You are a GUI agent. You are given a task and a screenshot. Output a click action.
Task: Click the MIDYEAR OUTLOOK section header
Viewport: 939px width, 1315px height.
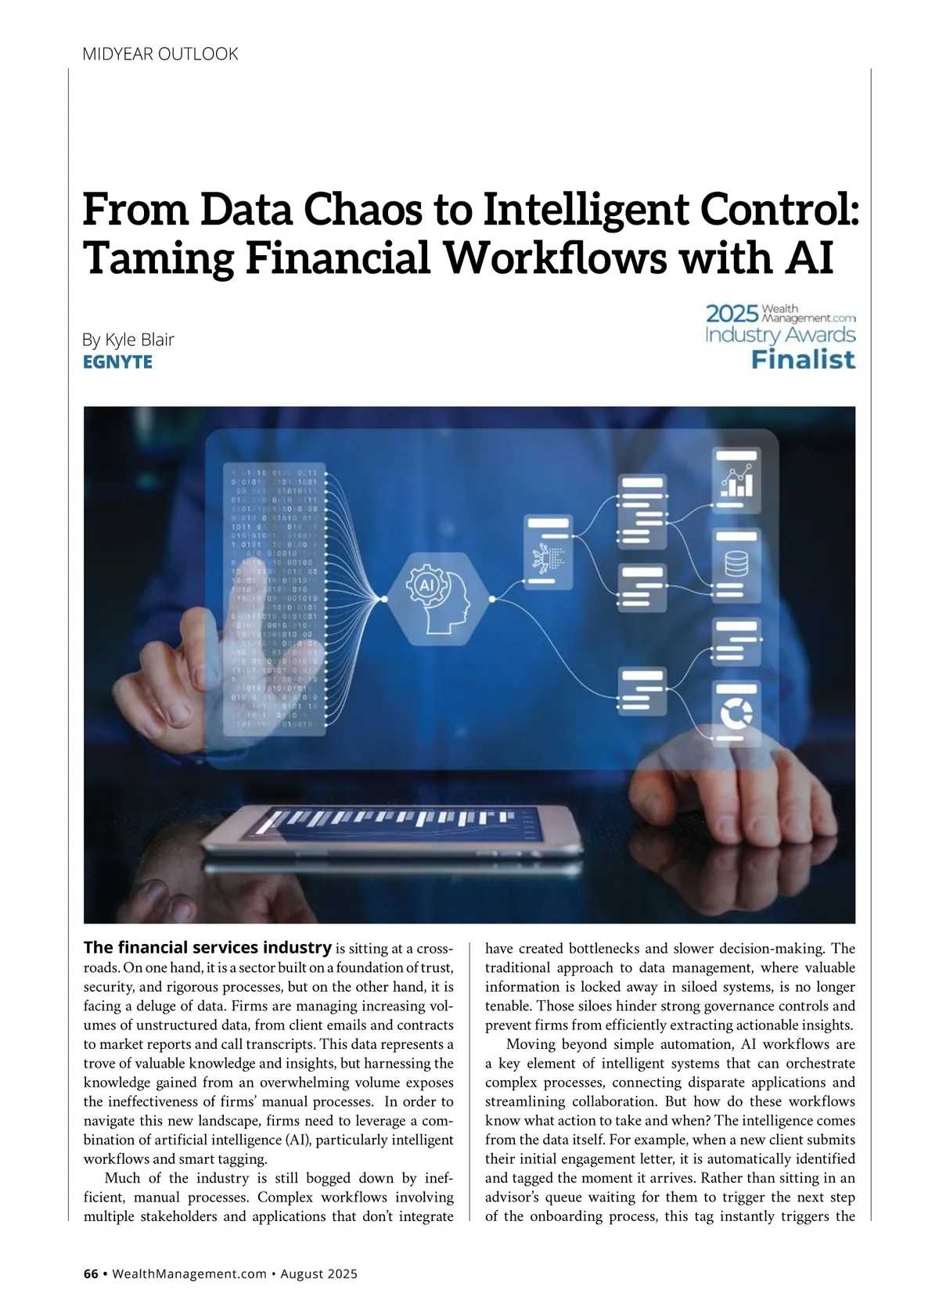160,54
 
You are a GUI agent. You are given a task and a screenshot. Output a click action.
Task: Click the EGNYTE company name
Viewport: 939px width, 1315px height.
117,362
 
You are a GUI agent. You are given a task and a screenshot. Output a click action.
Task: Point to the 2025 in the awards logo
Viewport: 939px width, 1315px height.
732,314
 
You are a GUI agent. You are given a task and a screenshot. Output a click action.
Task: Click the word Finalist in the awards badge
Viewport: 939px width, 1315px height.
803,360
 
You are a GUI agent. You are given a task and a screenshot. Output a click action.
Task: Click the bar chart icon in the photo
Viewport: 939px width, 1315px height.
736,481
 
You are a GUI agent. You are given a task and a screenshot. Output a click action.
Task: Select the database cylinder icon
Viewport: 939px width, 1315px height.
736,564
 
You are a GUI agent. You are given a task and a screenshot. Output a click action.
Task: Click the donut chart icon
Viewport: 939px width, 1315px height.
736,712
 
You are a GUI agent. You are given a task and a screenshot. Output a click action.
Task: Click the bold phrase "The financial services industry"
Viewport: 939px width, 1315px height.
207,948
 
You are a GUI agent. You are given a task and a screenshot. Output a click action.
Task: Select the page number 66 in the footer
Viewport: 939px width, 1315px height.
91,1274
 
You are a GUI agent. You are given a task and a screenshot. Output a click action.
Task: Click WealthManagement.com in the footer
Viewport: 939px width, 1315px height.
189,1274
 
